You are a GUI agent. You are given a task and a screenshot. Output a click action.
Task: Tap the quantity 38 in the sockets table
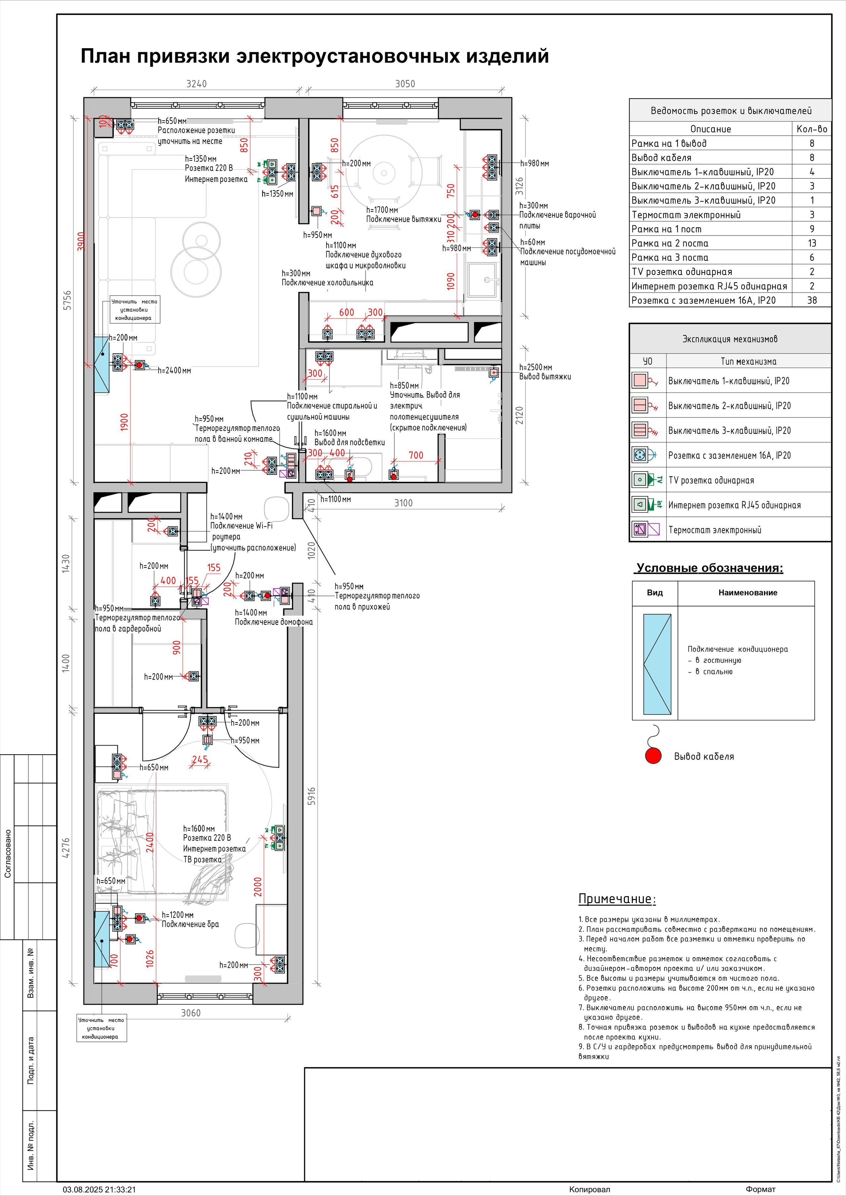812,300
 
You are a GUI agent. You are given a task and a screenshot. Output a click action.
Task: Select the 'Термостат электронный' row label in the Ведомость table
686,215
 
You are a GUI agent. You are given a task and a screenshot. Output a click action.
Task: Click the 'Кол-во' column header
812,129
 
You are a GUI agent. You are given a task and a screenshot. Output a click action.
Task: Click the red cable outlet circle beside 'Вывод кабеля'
653,756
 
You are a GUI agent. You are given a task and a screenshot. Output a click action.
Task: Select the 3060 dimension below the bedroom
191,1013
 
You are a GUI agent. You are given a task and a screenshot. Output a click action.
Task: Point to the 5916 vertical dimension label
312,796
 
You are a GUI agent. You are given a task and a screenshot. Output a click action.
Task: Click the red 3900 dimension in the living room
81,241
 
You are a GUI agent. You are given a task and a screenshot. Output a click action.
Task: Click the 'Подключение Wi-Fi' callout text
241,526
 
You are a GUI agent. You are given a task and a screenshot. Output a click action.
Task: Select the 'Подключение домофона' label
274,621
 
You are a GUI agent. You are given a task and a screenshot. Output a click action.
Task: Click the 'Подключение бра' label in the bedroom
190,924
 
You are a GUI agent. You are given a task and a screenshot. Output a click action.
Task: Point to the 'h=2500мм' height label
535,367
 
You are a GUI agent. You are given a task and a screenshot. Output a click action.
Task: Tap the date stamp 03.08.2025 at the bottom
99,1189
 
